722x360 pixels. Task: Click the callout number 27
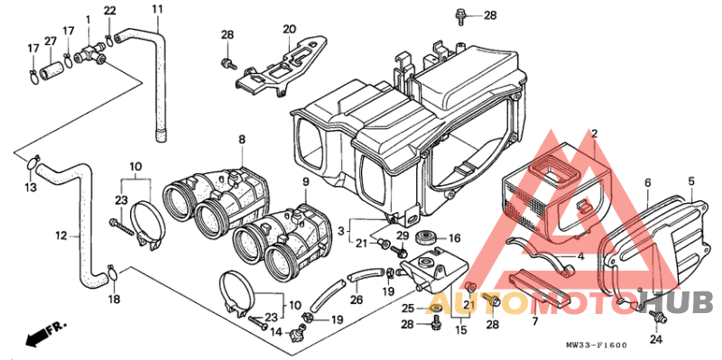click(x=50, y=41)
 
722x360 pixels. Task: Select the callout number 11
click(x=157, y=9)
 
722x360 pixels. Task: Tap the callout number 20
click(x=289, y=29)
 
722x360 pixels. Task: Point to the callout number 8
click(x=242, y=138)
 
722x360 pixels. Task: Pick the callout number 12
click(x=61, y=236)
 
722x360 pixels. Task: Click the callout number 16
click(x=455, y=238)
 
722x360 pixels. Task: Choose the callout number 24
click(x=656, y=340)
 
